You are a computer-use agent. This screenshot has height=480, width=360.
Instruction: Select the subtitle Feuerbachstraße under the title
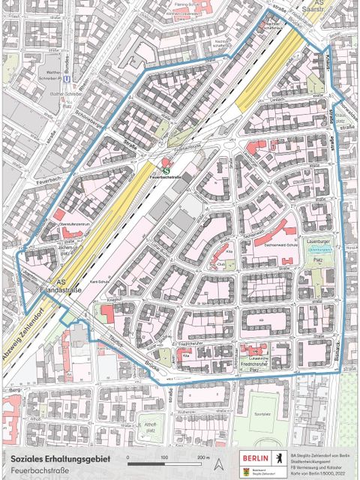point(37,469)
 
